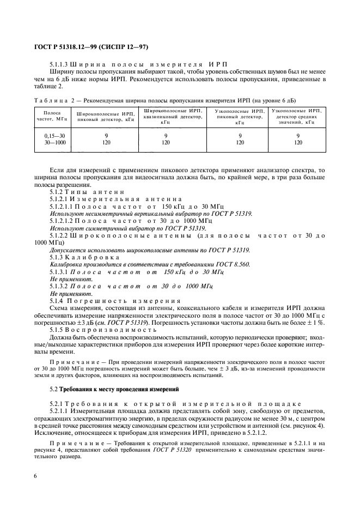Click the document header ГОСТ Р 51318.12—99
[x=69, y=47]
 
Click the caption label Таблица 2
[x=48, y=100]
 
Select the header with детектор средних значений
[x=298, y=116]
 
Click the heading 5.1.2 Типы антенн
[x=87, y=191]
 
